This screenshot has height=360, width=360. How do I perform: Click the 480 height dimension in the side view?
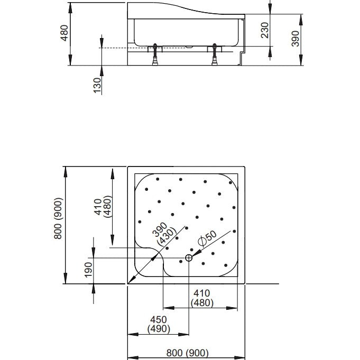point(64,33)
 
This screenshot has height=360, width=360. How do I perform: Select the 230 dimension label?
point(265,30)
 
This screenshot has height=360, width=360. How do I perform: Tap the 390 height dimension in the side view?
point(296,39)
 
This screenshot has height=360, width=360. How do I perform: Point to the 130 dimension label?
point(97,86)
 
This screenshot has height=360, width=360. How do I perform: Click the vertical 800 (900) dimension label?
point(58,218)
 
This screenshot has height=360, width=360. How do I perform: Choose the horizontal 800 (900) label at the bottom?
point(187,353)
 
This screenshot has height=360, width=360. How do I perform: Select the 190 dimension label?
point(88,270)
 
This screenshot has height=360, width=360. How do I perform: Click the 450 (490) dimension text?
point(159,324)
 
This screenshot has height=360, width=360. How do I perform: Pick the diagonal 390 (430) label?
point(164,234)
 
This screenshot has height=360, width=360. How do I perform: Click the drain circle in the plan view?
point(189,258)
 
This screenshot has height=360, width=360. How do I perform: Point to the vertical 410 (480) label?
point(103,206)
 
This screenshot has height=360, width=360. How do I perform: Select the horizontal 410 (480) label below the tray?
point(202,298)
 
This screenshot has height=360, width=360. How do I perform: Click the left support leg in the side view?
point(155,54)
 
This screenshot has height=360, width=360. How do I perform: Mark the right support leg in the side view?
point(215,54)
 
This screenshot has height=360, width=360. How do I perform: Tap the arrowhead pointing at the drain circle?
point(196,253)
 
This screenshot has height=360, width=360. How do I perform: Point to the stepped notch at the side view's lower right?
point(242,58)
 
